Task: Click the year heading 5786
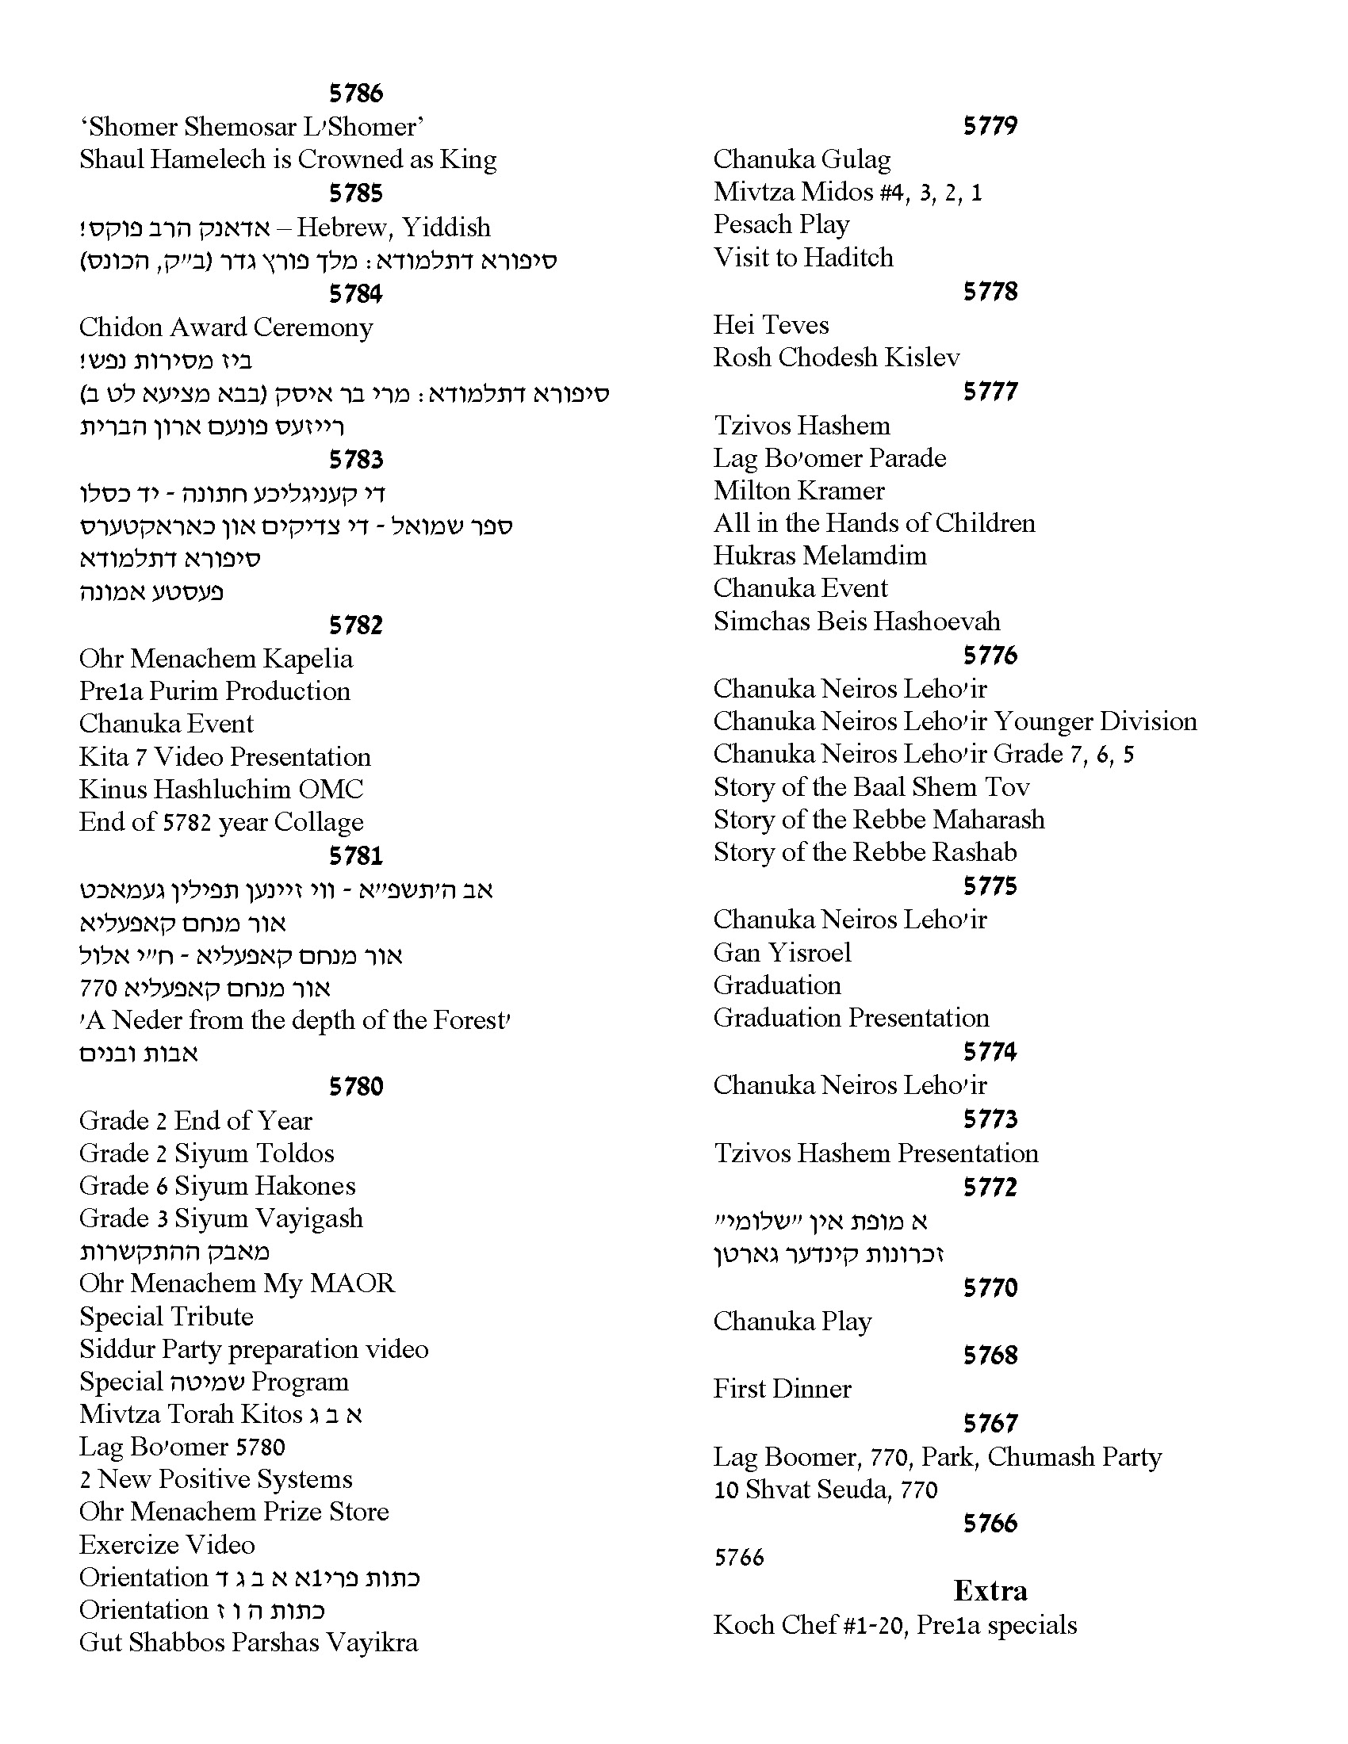coord(355,94)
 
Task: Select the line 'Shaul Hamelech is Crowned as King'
coord(288,159)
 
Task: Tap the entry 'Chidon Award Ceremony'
coord(226,327)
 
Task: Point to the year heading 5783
coord(355,460)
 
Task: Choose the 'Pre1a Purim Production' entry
coord(214,690)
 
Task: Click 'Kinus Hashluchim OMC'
coord(220,789)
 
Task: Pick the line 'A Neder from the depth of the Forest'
coord(295,1020)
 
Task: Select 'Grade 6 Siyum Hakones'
coord(217,1186)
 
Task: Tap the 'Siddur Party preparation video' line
coord(253,1348)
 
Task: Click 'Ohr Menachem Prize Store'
coord(234,1512)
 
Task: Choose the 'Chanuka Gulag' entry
coord(802,159)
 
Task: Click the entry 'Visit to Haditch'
coord(803,257)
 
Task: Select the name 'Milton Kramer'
coord(798,490)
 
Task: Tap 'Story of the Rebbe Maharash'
coord(879,820)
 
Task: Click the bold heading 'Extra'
coord(990,1591)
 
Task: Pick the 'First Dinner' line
coord(782,1389)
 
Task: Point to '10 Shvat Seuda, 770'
coord(825,1490)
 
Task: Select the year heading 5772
coord(990,1188)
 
